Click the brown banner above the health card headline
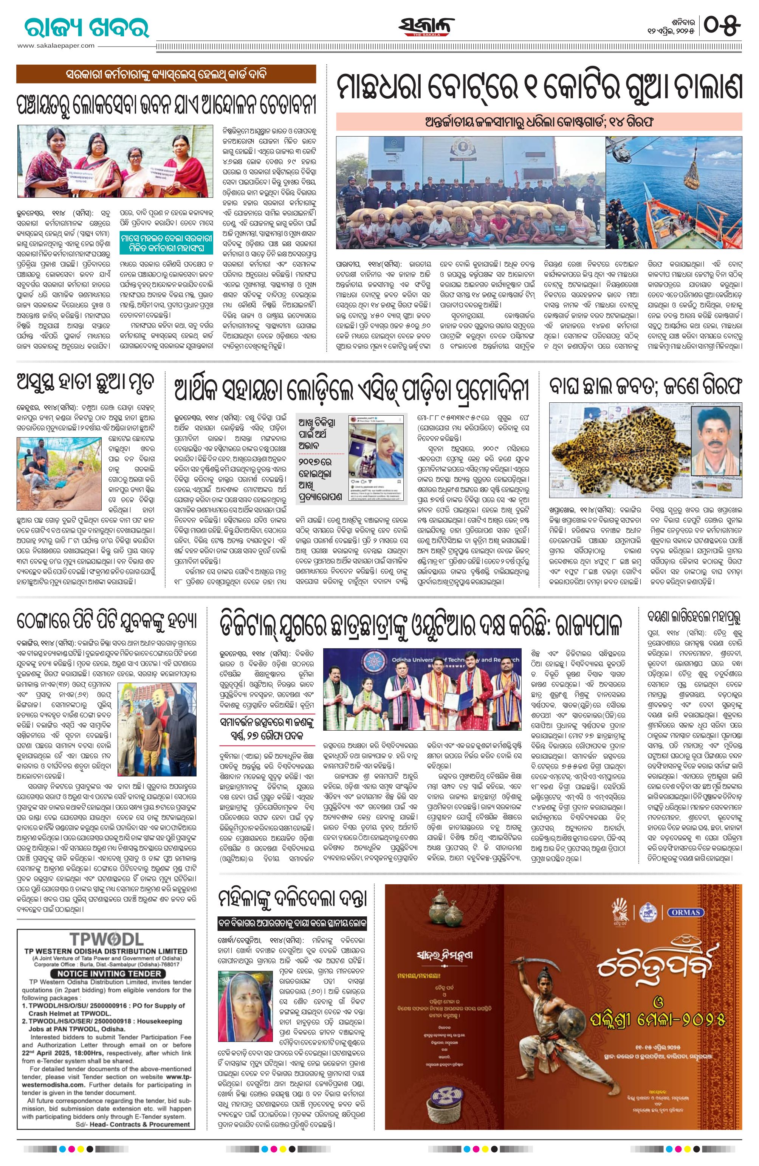(166, 75)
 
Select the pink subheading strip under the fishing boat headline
(539, 121)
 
